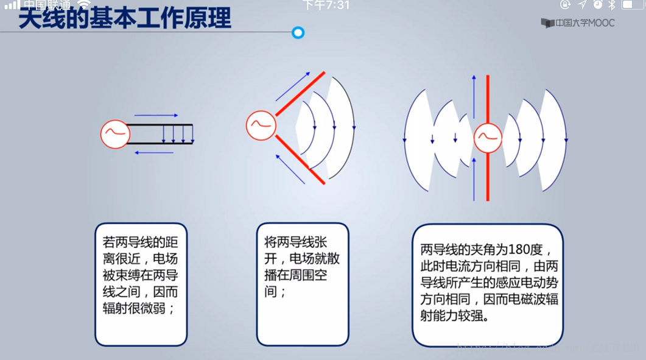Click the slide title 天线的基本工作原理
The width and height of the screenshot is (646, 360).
tap(125, 19)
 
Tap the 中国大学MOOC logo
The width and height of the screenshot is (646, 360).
tap(578, 23)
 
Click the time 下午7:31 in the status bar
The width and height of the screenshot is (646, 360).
tap(326, 5)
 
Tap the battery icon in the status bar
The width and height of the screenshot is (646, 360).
tap(632, 5)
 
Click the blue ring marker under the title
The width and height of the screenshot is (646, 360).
tap(298, 32)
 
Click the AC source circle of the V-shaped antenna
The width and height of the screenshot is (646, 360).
tap(261, 125)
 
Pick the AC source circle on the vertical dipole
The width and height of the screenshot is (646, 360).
tap(488, 138)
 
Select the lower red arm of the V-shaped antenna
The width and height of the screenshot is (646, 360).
tap(300, 159)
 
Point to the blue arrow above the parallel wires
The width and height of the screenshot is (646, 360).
tap(156, 115)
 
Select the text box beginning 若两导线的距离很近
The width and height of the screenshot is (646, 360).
tap(141, 284)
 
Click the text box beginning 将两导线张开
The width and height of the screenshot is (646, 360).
tap(303, 284)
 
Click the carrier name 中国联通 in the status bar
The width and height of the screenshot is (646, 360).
tap(47, 5)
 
